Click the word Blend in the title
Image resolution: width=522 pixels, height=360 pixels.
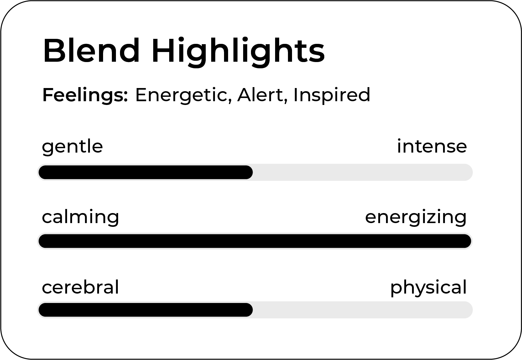click(x=91, y=50)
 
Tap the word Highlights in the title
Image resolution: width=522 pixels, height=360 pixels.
click(x=238, y=52)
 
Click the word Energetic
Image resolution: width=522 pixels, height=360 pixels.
click(x=183, y=96)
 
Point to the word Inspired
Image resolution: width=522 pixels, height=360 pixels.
click(x=332, y=96)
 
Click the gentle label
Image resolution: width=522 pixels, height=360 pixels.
click(x=72, y=147)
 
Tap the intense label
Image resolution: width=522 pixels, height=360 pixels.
click(x=432, y=146)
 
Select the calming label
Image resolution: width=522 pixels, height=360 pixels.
click(x=81, y=218)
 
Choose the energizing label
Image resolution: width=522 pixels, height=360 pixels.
click(x=416, y=218)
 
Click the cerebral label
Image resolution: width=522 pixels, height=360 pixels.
click(x=81, y=287)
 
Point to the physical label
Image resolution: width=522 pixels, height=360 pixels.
click(x=429, y=288)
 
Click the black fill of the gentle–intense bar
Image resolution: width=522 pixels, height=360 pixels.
click(x=146, y=172)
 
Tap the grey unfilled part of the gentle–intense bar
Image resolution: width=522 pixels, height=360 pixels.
click(x=363, y=172)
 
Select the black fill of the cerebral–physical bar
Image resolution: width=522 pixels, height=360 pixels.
click(x=146, y=310)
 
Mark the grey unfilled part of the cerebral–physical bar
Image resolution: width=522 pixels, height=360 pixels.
click(x=363, y=310)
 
